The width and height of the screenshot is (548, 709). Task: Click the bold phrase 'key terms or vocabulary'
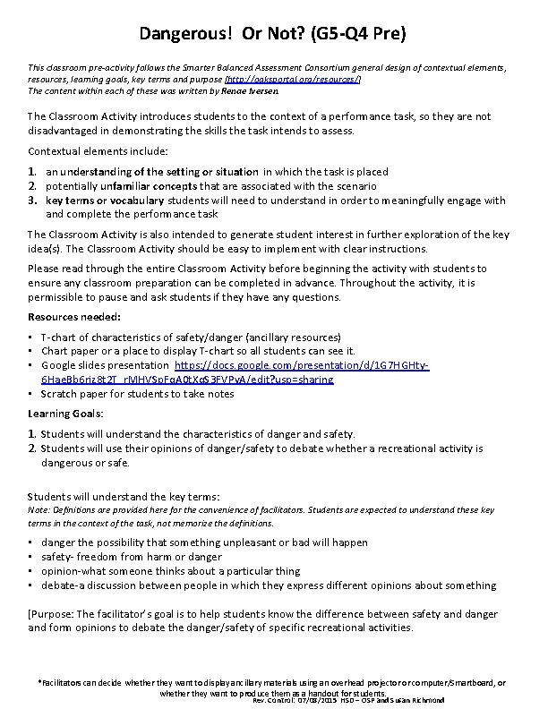pos(105,201)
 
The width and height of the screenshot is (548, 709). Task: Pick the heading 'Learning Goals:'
pos(65,414)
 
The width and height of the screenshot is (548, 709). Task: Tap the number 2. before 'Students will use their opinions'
pos(33,448)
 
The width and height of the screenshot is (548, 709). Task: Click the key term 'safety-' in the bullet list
pos(60,557)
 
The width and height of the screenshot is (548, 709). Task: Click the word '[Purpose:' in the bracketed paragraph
pos(52,614)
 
